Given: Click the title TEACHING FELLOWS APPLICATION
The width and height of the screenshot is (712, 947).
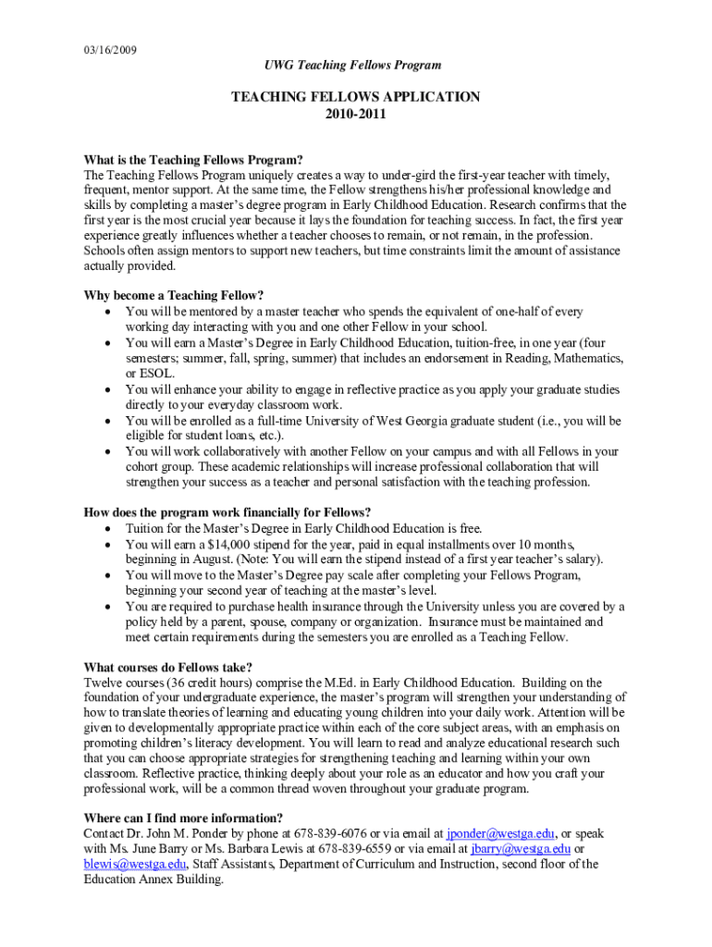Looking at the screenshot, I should (x=356, y=96).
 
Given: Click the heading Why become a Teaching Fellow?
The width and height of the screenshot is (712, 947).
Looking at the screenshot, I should (x=174, y=296).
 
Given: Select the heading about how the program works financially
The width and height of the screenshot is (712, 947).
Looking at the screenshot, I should (x=227, y=513).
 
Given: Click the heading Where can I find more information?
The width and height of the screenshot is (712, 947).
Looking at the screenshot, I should (x=183, y=818).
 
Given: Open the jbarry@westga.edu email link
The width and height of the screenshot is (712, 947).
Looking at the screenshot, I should (x=521, y=849).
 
